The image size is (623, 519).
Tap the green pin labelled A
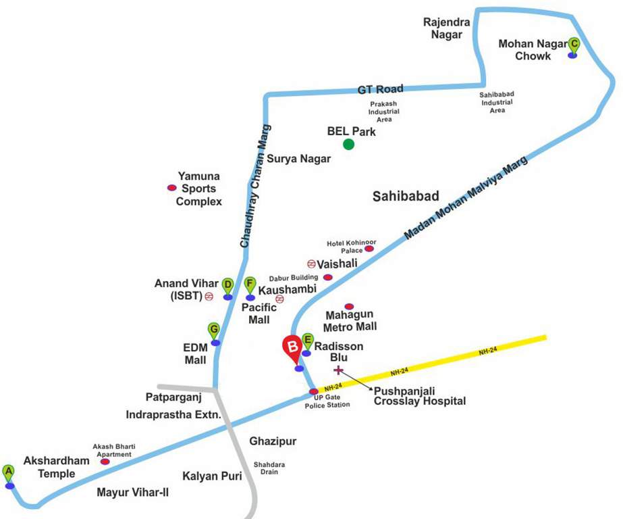(x=8, y=472)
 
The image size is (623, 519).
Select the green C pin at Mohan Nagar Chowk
(x=574, y=45)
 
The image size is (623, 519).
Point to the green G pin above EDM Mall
(x=214, y=331)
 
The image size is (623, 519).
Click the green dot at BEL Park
(x=348, y=144)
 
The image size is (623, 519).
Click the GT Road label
(x=381, y=89)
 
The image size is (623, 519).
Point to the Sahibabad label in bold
(x=406, y=196)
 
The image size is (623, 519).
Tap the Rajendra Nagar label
(x=443, y=28)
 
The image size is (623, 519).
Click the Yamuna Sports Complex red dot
(x=171, y=188)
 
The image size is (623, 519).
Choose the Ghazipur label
(x=273, y=441)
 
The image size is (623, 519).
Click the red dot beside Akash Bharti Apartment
(x=105, y=462)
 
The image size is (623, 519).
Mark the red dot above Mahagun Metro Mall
(x=349, y=307)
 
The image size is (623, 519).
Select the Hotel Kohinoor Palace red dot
(x=369, y=249)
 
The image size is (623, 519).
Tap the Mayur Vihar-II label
(x=132, y=493)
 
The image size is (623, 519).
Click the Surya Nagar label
(x=299, y=159)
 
